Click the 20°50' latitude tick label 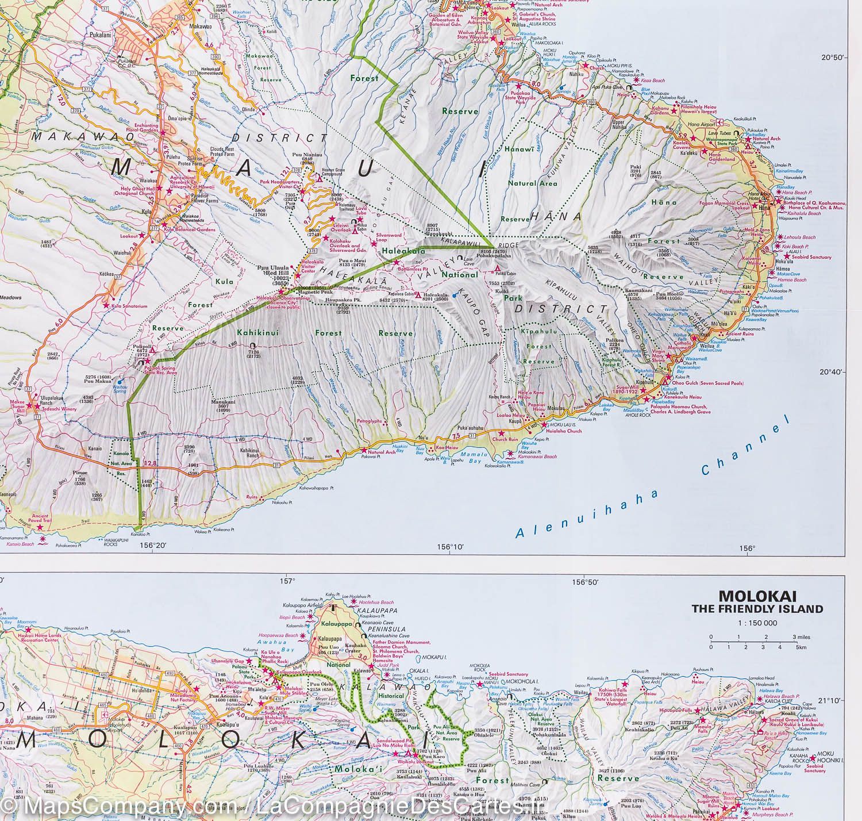(x=833, y=57)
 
